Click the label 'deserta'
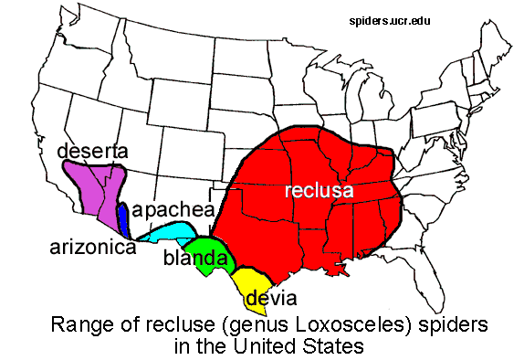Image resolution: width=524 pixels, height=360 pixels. click(x=92, y=151)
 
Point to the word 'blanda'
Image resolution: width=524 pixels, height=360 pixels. click(x=194, y=259)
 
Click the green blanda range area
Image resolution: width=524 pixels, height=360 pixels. click(x=204, y=249)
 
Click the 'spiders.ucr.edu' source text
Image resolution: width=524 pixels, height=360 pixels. click(x=398, y=18)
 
